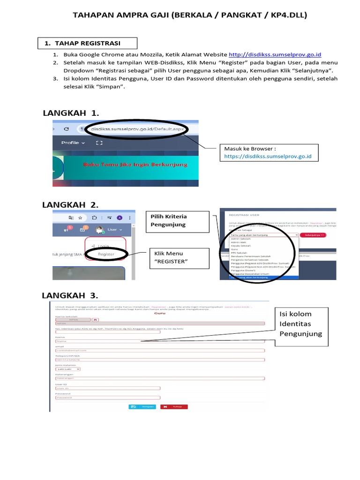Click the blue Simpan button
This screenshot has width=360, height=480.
(135, 407)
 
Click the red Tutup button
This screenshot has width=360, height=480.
(174, 407)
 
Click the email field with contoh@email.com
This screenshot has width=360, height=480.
(159, 350)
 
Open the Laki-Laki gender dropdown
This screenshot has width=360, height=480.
(67, 369)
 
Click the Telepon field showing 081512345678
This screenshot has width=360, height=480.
(159, 360)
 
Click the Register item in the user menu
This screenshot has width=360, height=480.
(106, 255)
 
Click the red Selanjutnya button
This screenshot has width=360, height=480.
(313, 234)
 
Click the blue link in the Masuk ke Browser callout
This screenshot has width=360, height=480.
(268, 157)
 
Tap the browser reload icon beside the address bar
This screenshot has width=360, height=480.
(66, 129)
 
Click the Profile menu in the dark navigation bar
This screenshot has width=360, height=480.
(73, 142)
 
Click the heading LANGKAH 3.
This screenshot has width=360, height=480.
(70, 295)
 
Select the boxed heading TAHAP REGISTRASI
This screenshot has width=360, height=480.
(87, 43)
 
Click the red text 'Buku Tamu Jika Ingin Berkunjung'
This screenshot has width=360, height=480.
(135, 165)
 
